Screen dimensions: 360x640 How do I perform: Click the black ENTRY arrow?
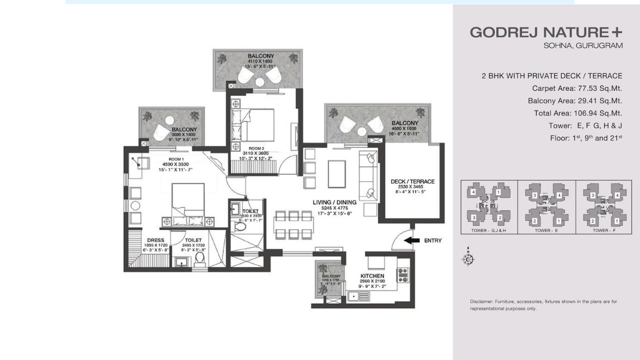pyautogui.click(x=411, y=240)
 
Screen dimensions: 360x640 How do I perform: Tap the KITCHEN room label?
pyautogui.click(x=372, y=276)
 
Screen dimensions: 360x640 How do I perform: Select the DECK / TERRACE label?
pyautogui.click(x=412, y=181)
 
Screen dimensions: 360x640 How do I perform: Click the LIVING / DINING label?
pyautogui.click(x=334, y=202)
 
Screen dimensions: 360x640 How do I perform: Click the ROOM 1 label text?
pyautogui.click(x=177, y=158)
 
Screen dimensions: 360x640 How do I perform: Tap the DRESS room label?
pyautogui.click(x=155, y=240)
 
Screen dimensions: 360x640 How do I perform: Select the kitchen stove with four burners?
pyautogui.click(x=402, y=275)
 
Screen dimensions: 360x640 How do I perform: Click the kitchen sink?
pyautogui.click(x=359, y=296)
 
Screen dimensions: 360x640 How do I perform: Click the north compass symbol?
pyautogui.click(x=468, y=259)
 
